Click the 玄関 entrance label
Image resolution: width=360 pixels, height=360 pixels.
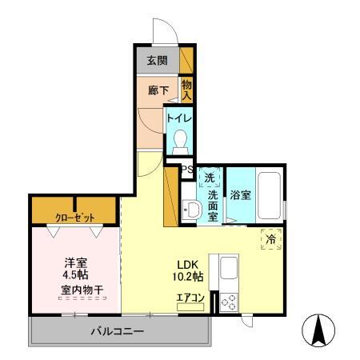[x=158, y=61]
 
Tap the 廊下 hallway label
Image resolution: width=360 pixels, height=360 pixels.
[x=158, y=90]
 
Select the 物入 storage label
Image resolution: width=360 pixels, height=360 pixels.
[x=186, y=90]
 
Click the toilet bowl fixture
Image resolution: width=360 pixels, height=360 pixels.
[x=181, y=142]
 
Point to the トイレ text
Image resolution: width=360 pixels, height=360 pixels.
[x=179, y=118]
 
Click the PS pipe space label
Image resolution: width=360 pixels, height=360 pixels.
[x=187, y=169]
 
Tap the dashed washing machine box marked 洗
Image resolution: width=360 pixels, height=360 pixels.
[x=210, y=178]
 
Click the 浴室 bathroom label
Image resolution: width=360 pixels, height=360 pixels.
[x=240, y=195]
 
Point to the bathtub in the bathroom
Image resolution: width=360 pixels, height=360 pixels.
[x=270, y=195]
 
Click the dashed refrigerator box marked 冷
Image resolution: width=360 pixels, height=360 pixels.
[x=271, y=239]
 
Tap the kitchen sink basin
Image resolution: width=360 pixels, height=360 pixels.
[x=228, y=268]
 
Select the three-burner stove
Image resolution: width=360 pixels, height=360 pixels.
[x=229, y=302]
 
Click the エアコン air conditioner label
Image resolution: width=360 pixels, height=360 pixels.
[x=190, y=298]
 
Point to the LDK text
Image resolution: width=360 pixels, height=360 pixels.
[x=188, y=265]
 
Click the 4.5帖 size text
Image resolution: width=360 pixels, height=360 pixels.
[x=76, y=274]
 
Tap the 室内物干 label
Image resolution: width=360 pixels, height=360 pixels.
[x=82, y=290]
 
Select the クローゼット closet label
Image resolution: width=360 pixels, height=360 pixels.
[x=74, y=218]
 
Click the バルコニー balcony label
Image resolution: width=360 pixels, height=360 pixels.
[x=118, y=331]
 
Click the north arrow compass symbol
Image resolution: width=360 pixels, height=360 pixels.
[x=318, y=330]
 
